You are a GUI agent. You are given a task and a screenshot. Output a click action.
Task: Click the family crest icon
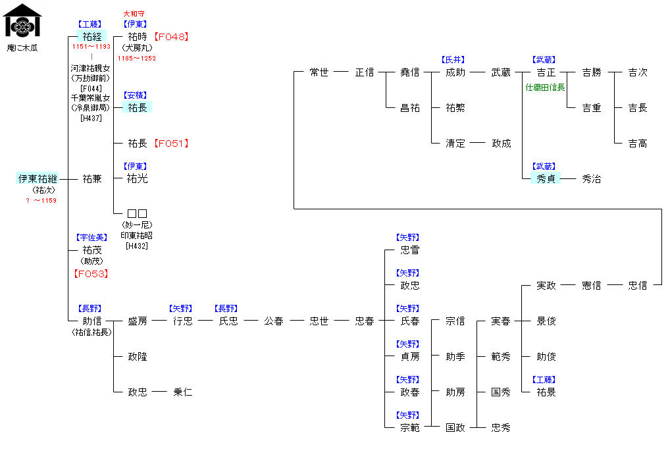click(x=22, y=21)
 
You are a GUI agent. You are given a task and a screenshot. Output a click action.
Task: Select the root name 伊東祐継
click(x=38, y=178)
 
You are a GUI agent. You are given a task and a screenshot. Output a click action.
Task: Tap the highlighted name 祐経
click(x=91, y=36)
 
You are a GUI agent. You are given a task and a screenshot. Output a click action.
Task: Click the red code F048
click(x=171, y=37)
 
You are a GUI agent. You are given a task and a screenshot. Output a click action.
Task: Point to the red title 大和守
click(x=134, y=13)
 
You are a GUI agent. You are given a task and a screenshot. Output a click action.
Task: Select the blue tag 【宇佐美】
click(x=91, y=238)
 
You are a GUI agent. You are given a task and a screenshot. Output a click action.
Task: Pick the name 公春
click(x=274, y=321)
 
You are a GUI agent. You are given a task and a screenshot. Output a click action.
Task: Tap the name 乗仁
click(x=182, y=392)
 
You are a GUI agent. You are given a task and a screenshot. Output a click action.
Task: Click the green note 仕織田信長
click(x=546, y=86)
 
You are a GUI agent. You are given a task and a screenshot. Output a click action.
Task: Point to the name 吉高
click(x=637, y=144)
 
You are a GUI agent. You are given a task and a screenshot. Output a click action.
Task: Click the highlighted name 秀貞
click(x=546, y=178)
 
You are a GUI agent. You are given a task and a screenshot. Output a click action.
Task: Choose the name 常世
click(x=319, y=72)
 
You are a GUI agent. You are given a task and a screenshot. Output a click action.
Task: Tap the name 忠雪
click(x=409, y=250)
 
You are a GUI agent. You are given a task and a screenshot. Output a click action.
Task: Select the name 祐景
click(x=546, y=392)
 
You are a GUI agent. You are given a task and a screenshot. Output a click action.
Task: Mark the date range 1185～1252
click(x=136, y=59)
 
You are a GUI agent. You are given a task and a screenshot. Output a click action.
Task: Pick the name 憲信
click(x=591, y=286)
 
